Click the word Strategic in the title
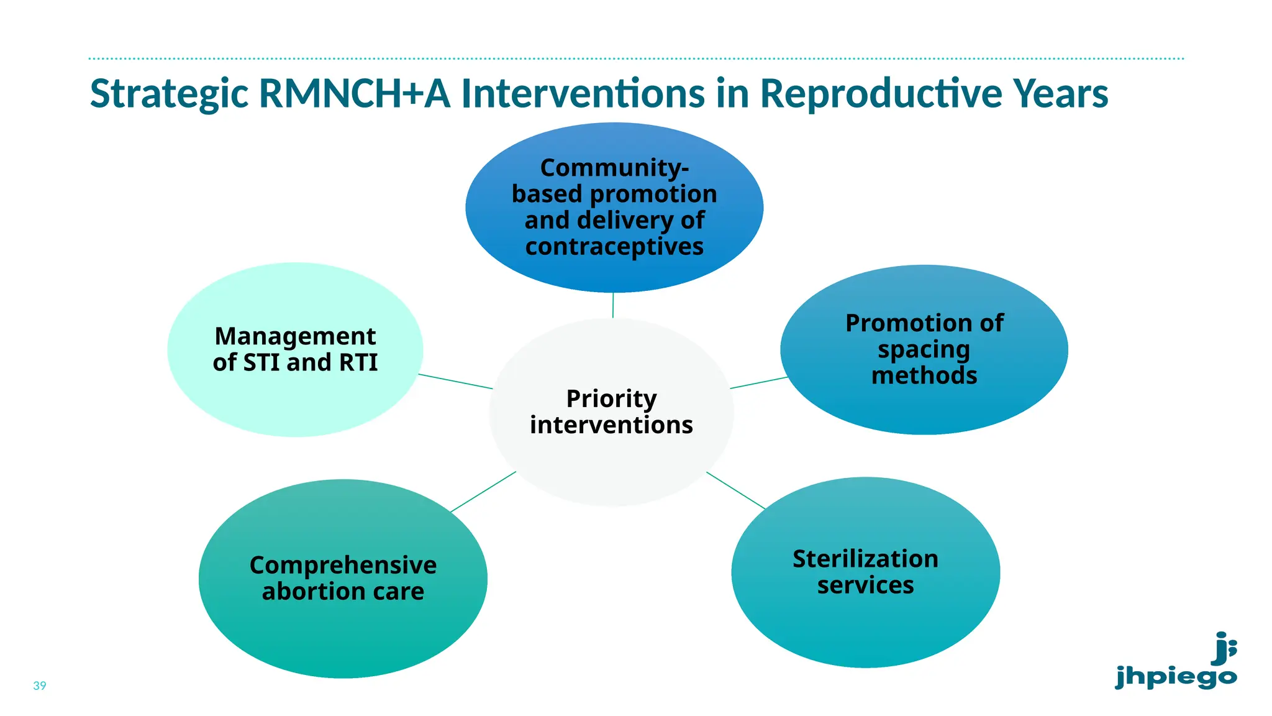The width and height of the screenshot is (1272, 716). [x=169, y=94]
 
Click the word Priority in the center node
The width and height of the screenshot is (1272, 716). [x=611, y=399]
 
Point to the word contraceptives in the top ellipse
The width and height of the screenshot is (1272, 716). [x=614, y=247]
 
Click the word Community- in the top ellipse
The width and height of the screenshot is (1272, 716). [x=614, y=168]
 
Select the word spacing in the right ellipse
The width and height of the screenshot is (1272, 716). [x=924, y=350]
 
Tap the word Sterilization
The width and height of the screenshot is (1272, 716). [x=865, y=559]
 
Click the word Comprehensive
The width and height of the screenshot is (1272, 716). [x=343, y=565]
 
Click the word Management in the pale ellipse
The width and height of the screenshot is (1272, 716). [x=295, y=336]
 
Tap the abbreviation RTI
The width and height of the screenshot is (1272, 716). [x=358, y=362]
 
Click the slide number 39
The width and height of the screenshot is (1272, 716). [x=40, y=686]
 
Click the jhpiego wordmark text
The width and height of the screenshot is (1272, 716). [x=1176, y=677]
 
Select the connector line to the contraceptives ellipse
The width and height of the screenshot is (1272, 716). [x=613, y=305]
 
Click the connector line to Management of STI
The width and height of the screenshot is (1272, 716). [x=455, y=381]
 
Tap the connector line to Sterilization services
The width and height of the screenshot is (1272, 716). [x=735, y=490]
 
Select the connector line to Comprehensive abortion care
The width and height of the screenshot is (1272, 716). [x=483, y=492]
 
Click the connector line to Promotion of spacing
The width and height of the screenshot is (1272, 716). [x=759, y=382]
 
